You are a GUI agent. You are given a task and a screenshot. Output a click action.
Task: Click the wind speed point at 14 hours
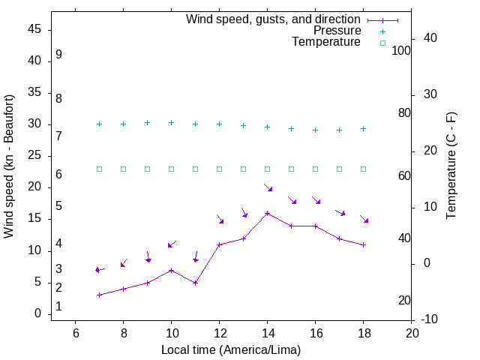pos(267,213)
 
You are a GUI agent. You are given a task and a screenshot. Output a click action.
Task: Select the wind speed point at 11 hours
pos(195,283)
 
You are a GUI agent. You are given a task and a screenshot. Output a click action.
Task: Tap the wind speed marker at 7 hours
pos(99,295)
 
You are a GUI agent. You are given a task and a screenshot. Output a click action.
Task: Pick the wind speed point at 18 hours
pos(363,244)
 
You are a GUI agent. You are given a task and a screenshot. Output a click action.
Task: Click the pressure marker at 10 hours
pos(171,122)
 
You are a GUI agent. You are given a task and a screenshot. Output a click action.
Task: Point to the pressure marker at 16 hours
pos(315,130)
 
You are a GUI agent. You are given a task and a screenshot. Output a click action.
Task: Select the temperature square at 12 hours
pos(219,169)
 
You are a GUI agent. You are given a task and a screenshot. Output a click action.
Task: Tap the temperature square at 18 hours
pos(363,169)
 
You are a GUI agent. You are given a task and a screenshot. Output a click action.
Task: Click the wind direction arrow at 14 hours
pos(268,187)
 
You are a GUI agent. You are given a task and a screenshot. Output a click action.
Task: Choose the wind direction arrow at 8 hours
pos(124,262)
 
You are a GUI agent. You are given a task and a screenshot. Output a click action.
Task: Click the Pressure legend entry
pos(337,31)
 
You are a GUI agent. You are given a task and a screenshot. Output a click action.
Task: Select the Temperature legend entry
pos(326,43)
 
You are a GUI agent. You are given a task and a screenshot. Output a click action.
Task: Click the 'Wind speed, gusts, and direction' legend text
pos(273,19)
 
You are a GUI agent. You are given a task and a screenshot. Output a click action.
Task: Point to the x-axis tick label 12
pos(219,332)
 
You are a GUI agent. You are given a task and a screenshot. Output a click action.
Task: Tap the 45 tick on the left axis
pos(34,29)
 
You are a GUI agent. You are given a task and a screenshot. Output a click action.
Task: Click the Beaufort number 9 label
pos(58,55)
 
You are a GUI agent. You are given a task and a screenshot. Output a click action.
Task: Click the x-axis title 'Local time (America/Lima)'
pos(231,349)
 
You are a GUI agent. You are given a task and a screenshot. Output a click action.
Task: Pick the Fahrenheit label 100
pos(401,50)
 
